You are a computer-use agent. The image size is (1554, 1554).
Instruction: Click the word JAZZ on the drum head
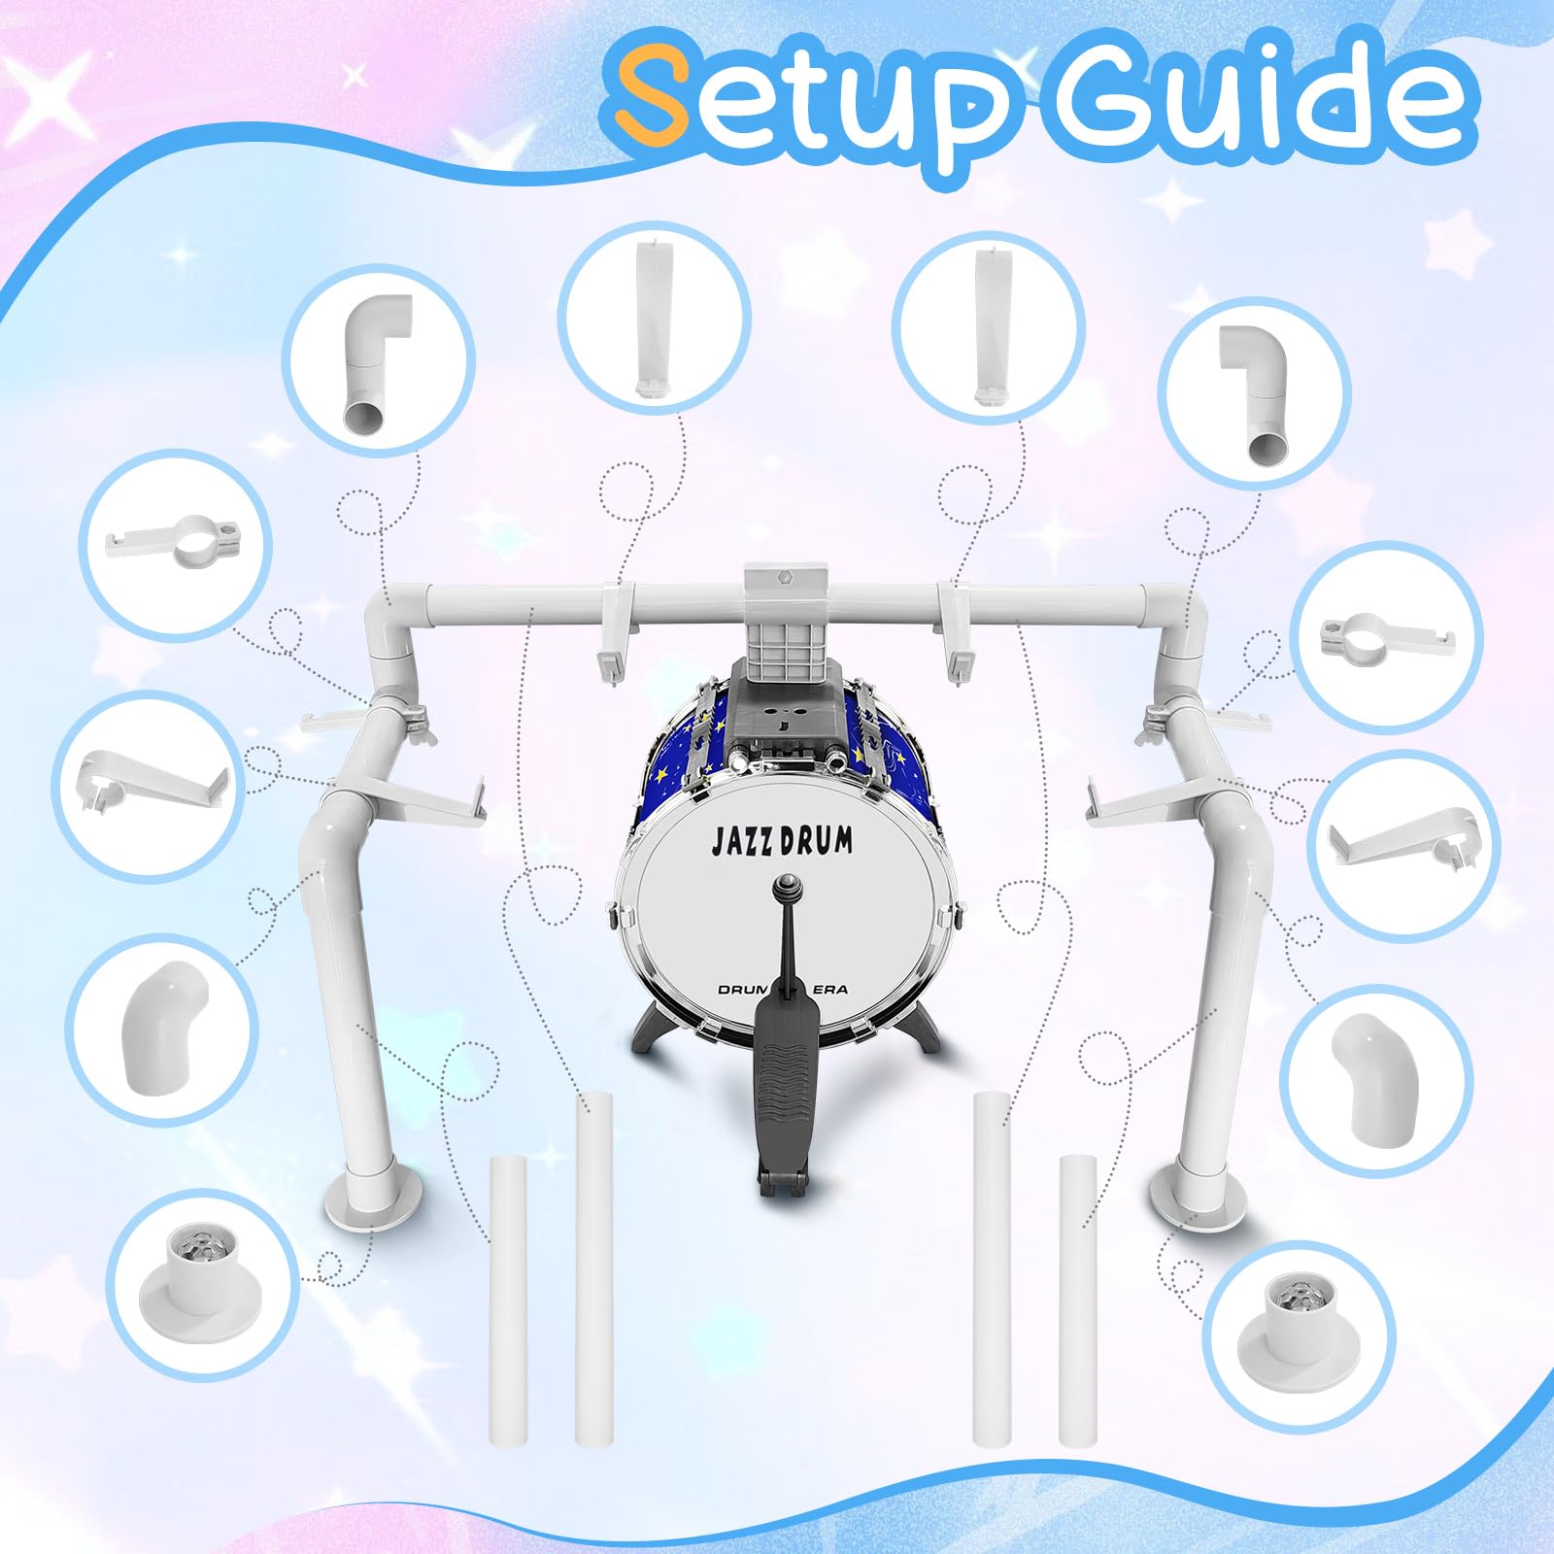click(x=745, y=841)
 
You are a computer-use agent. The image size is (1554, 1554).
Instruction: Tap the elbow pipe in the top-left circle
click(x=378, y=361)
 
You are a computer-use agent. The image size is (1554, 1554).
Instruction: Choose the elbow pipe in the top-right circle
click(x=1255, y=391)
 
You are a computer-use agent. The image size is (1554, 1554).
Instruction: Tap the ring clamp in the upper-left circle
click(x=178, y=544)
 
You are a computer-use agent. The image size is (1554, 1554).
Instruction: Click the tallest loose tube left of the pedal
click(x=592, y=1267)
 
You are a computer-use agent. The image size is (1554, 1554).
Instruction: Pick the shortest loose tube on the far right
click(x=1078, y=1301)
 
